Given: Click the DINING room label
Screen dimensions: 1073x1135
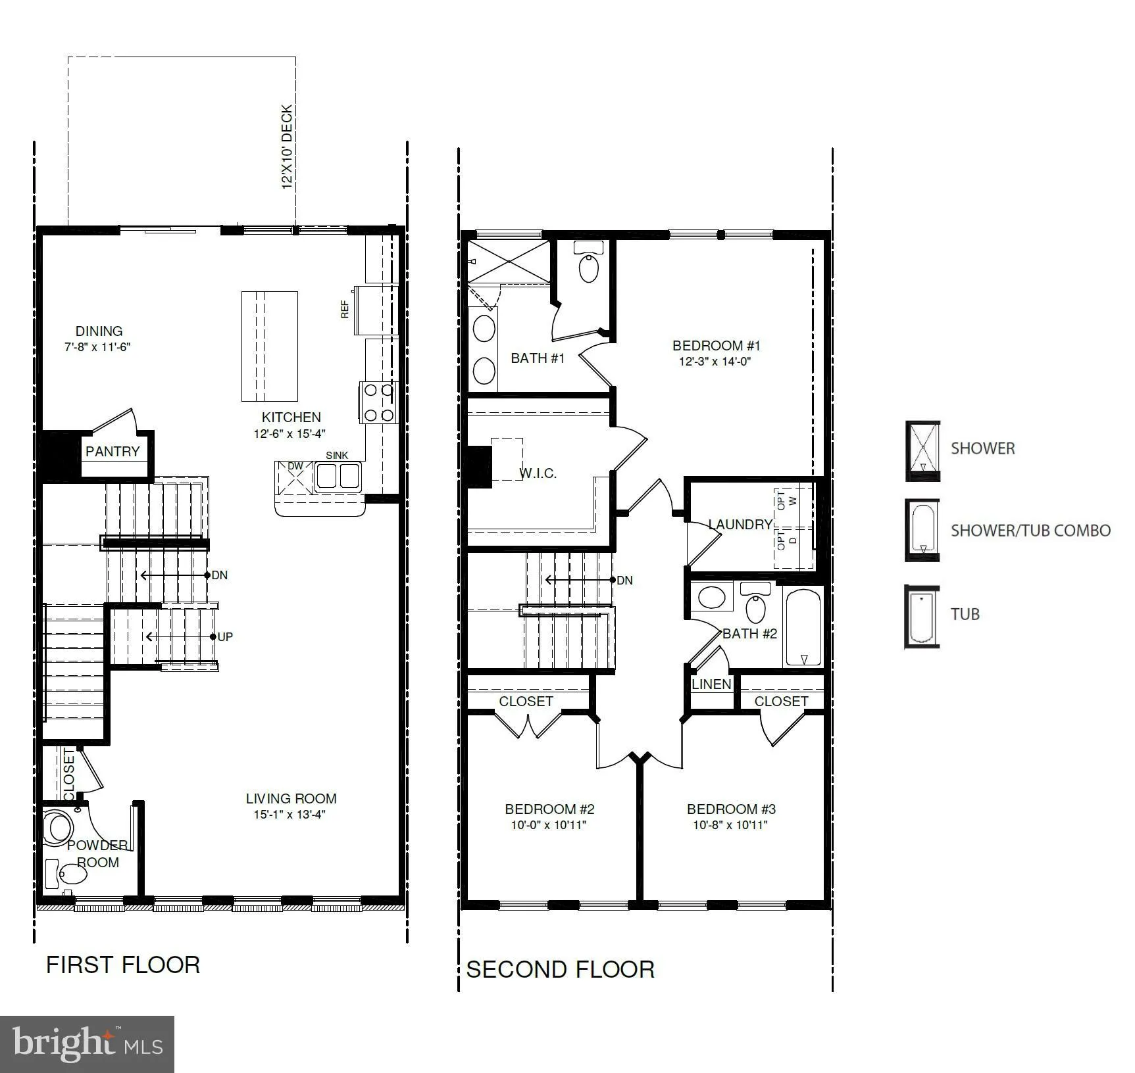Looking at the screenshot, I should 99,331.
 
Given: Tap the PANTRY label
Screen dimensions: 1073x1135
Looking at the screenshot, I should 113,452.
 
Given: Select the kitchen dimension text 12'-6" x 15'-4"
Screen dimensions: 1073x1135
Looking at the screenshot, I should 290,434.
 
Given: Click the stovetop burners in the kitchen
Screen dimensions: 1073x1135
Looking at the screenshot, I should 378,402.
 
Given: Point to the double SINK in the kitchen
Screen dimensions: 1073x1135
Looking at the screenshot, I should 338,475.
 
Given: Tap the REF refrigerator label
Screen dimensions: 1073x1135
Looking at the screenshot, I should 344,309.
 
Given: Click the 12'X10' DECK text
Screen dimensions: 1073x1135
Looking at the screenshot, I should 287,147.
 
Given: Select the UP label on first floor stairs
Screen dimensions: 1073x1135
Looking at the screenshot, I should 225,636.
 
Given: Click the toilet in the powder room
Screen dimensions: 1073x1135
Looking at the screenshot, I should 72,874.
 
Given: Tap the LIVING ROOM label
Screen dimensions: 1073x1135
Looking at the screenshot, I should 291,798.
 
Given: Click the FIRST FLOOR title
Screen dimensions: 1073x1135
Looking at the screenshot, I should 123,965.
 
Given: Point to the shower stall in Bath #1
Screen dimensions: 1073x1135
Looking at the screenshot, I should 508,262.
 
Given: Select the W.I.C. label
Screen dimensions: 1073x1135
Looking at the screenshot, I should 538,473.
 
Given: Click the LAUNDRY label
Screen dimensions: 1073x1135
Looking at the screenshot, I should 740,524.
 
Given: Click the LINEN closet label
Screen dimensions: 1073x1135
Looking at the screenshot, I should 711,684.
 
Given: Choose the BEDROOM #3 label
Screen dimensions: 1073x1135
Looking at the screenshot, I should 731,809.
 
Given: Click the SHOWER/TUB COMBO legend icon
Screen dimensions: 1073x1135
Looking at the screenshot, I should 922,530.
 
